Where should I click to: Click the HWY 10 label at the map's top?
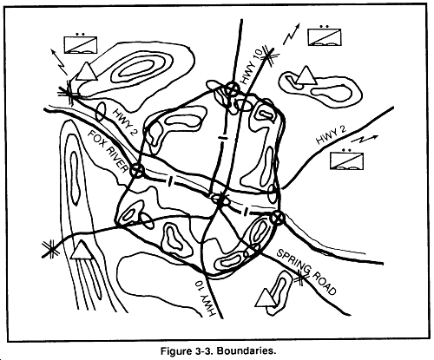252,66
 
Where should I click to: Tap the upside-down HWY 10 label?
206,298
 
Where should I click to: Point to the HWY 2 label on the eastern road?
332,134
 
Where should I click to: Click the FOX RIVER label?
108,152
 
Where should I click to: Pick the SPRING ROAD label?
306,272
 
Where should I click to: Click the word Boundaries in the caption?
246,351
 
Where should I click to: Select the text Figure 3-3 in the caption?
187,351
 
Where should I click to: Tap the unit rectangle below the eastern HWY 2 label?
346,160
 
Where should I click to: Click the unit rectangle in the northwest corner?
80,45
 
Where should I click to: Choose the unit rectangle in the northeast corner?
325,37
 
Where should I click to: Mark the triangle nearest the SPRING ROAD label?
266,298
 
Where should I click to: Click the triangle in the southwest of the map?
82,250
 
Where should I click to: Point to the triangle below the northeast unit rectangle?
306,75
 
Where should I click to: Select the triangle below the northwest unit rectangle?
86,71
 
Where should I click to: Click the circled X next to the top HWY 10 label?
232,88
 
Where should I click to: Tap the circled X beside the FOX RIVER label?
137,170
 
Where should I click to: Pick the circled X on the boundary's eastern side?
278,218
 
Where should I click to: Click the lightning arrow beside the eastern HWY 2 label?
364,140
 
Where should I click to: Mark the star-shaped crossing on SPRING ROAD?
300,278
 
